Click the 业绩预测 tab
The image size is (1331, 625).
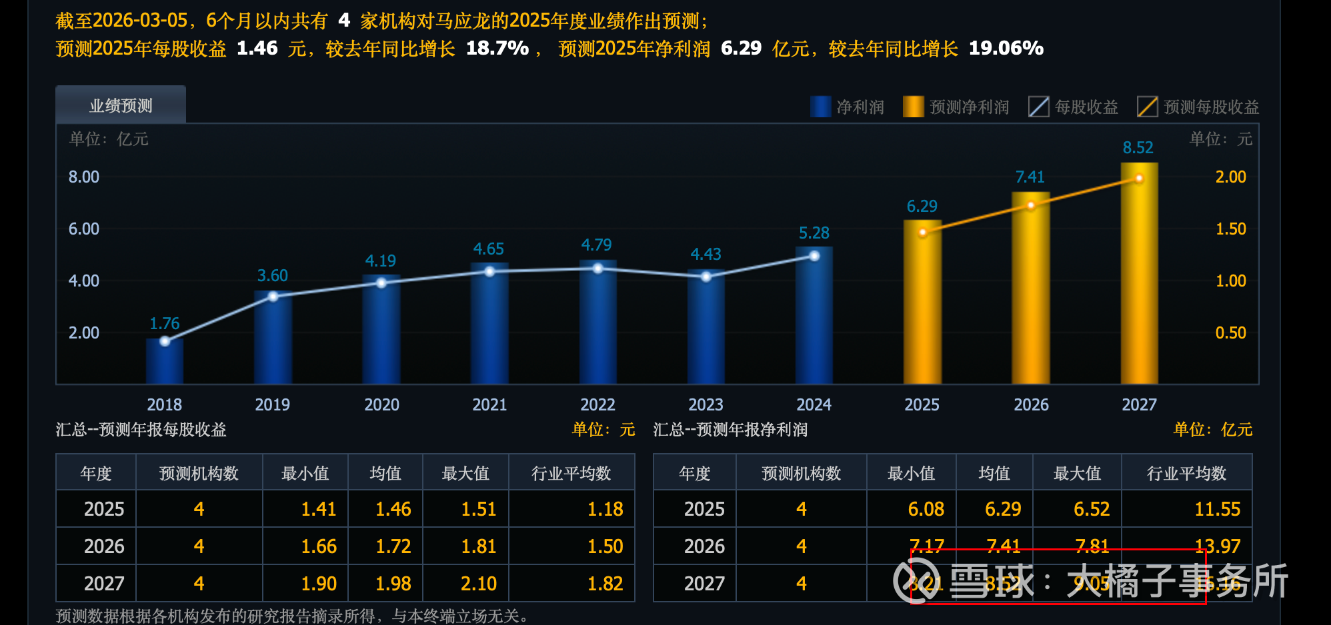click(121, 105)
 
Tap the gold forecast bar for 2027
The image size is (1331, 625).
click(1139, 280)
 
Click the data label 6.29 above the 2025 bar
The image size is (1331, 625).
click(922, 207)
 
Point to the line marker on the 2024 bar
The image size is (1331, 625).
click(814, 256)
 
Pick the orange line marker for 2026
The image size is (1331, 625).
click(1031, 205)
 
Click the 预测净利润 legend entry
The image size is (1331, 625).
click(956, 107)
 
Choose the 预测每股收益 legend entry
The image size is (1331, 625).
click(1198, 107)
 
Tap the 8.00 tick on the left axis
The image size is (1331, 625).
click(83, 177)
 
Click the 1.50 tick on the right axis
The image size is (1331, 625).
click(1230, 229)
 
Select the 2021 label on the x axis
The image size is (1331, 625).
click(489, 404)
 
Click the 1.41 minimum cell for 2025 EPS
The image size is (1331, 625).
click(318, 509)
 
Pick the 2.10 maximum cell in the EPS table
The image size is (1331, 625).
click(478, 584)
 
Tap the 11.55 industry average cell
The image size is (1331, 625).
click(1217, 509)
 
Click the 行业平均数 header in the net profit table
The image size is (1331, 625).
click(1186, 473)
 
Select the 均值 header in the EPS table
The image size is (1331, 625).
click(385, 473)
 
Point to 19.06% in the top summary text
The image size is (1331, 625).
click(1006, 48)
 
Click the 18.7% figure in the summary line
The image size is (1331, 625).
click(497, 48)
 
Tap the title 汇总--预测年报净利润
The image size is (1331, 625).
click(730, 429)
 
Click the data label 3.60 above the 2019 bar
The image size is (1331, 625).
click(273, 275)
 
